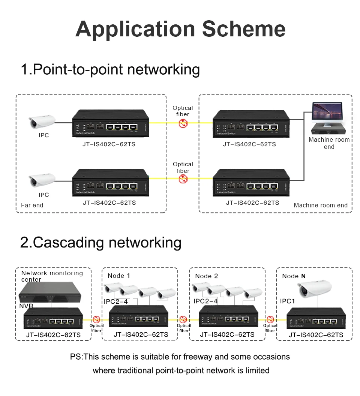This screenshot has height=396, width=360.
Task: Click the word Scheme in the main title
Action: pyautogui.click(x=244, y=29)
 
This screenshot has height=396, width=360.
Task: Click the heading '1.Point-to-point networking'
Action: pyautogui.click(x=110, y=70)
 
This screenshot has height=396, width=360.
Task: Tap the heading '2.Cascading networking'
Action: pyautogui.click(x=100, y=242)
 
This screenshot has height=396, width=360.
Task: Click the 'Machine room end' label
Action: pyautogui.click(x=321, y=205)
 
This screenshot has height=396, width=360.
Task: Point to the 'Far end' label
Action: pyautogui.click(x=32, y=205)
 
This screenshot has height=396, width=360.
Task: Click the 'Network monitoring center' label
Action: pyautogui.click(x=52, y=276)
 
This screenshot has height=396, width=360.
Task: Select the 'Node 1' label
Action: pyautogui.click(x=119, y=276)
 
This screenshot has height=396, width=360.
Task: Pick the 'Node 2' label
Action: pyautogui.click(x=206, y=276)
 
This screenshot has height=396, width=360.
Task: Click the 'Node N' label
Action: pyautogui.click(x=294, y=276)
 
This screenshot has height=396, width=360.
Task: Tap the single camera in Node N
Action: pyautogui.click(x=315, y=288)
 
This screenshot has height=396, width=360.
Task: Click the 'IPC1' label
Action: pyautogui.click(x=288, y=301)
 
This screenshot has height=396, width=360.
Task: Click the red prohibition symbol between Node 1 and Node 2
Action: pyautogui.click(x=183, y=319)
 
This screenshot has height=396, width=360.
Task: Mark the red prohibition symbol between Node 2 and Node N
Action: pyautogui.click(x=270, y=319)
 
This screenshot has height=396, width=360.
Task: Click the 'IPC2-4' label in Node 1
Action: pyautogui.click(x=116, y=301)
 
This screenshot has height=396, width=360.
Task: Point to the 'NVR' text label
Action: pyautogui.click(x=26, y=306)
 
